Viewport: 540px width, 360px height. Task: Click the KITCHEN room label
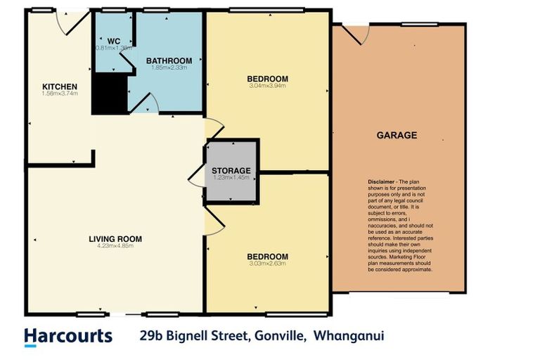[59, 86]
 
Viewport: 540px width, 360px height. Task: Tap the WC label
[113, 40]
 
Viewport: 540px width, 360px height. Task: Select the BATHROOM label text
[169, 60]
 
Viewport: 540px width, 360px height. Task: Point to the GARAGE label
[397, 135]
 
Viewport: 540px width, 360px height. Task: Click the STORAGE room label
[231, 170]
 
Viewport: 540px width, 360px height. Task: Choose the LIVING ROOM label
[115, 239]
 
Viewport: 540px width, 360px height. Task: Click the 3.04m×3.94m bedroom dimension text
[268, 86]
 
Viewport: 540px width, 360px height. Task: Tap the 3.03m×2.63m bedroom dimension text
[268, 264]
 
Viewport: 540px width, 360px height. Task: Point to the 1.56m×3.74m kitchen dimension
[59, 94]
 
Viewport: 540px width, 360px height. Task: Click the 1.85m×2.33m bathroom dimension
[169, 68]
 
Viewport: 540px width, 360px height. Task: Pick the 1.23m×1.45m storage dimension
[231, 178]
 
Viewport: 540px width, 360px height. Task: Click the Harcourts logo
[68, 336]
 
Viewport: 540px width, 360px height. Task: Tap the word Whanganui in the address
[349, 335]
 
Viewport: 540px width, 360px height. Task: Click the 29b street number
[150, 335]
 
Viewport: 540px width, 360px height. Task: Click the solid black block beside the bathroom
[108, 92]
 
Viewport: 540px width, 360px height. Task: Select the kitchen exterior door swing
[70, 22]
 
